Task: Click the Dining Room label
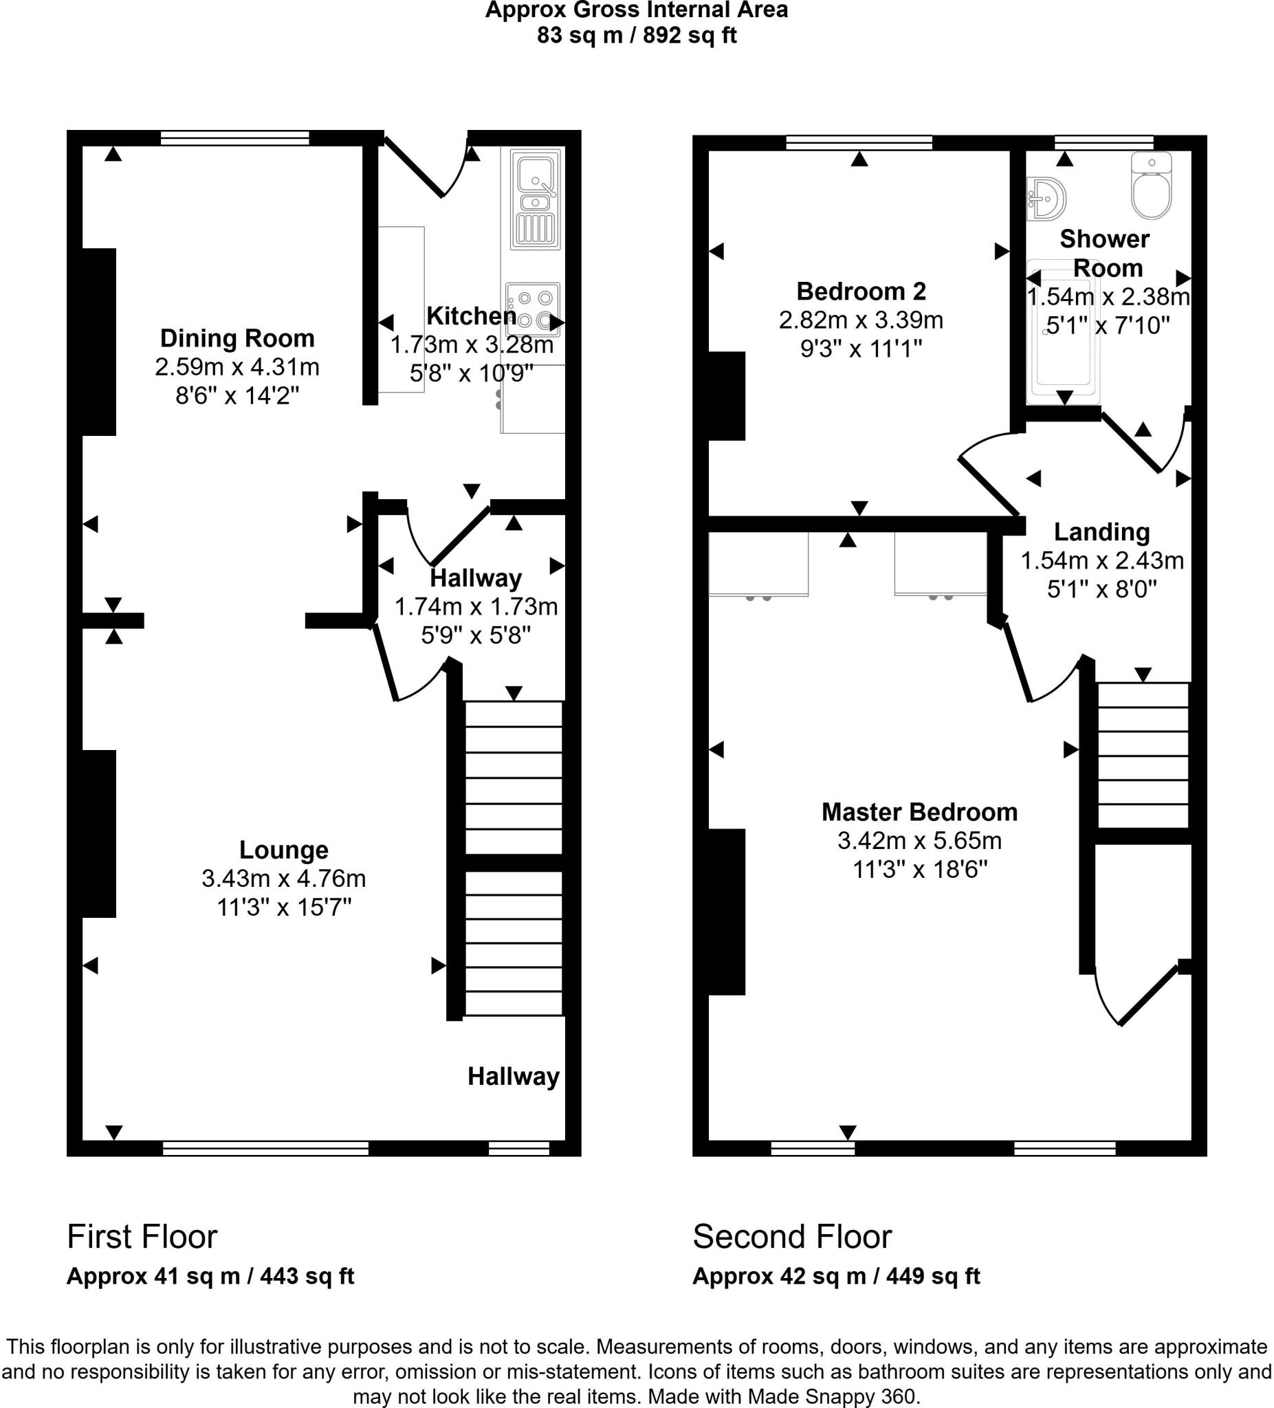tap(237, 338)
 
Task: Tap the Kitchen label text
tap(472, 316)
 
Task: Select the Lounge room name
tap(283, 849)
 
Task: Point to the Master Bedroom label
tap(919, 811)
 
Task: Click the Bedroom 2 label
tap(861, 291)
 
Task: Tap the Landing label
tap(1101, 531)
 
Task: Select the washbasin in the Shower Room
tap(1047, 199)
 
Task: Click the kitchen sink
tap(536, 199)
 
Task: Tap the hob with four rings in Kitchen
tap(533, 309)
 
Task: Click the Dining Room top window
tap(234, 138)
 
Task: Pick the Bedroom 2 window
tap(859, 142)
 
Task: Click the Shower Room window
tap(1103, 142)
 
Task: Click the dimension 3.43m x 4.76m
tap(283, 878)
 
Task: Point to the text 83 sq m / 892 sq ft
tap(636, 35)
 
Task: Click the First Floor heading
tap(142, 1237)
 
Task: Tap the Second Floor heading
tap(792, 1237)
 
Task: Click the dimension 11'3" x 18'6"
tap(919, 870)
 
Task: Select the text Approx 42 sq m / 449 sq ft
tap(836, 1277)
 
